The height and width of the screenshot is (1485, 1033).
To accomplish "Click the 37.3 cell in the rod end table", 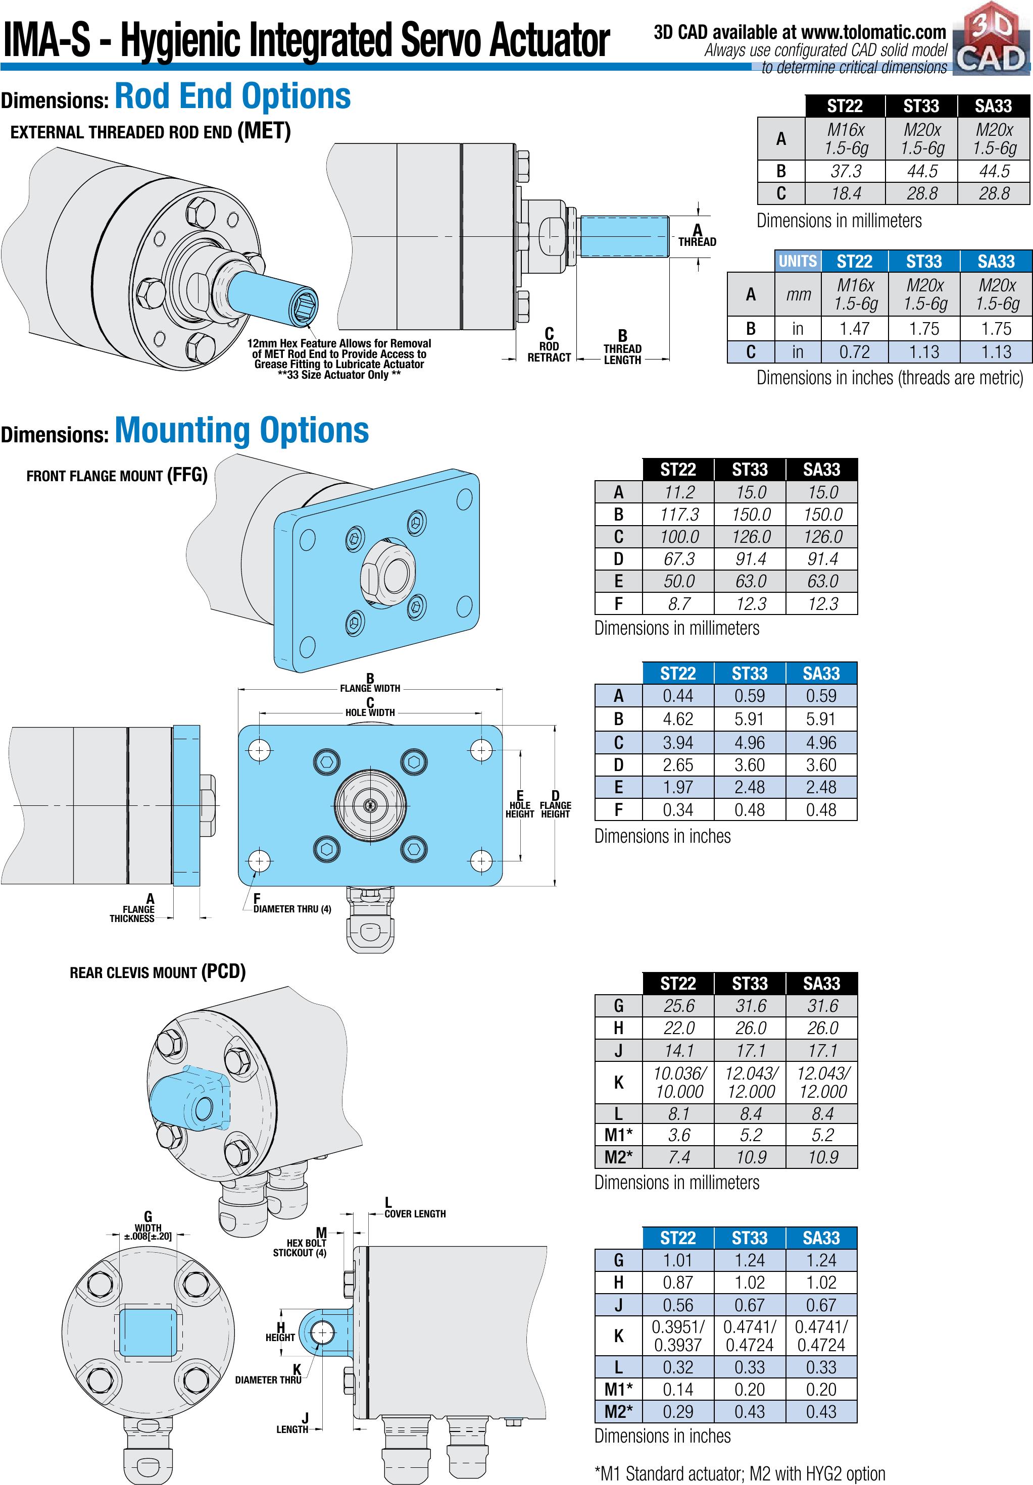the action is (x=846, y=171).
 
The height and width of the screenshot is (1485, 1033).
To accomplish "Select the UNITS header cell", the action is (x=798, y=261).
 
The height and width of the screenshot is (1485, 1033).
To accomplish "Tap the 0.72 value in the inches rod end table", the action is (x=855, y=352).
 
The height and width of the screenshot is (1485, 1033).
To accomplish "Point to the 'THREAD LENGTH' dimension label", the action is (x=622, y=354).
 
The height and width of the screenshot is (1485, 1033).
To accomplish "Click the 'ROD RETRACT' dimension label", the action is (x=549, y=352).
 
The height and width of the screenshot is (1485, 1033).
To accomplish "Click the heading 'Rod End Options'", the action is (x=233, y=96).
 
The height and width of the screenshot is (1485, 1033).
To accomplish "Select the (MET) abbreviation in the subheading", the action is (x=263, y=131).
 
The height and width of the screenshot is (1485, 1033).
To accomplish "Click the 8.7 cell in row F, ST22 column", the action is (x=678, y=603).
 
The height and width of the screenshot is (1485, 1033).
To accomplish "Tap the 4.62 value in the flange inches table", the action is (x=678, y=719).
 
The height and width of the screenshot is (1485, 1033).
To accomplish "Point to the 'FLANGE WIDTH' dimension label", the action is (x=370, y=688).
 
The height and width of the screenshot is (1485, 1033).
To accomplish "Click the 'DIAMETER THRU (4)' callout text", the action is (x=292, y=909).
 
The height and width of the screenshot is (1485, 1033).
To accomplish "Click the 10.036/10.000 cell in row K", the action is (x=678, y=1082).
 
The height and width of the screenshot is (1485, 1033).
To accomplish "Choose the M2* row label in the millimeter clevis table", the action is (x=618, y=1157).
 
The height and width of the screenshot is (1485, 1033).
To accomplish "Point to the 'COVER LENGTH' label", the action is (x=415, y=1214).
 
